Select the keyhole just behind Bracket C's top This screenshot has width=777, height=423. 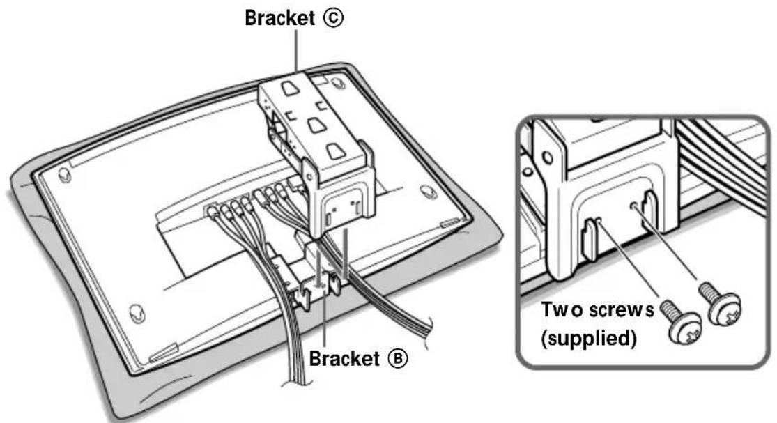337,83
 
